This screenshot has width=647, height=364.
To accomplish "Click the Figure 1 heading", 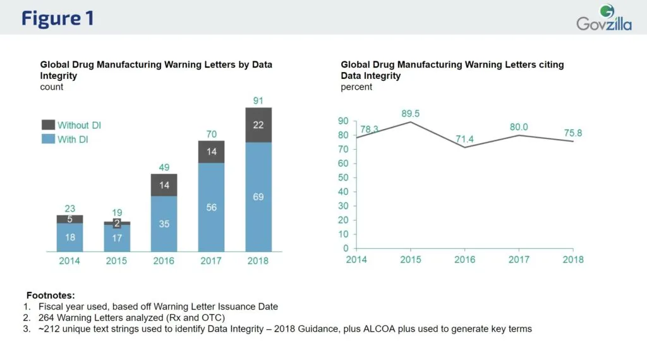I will pyautogui.click(x=57, y=18).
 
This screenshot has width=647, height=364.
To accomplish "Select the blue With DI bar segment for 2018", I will pyautogui.click(x=258, y=196).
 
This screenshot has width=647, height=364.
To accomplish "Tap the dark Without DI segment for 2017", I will pyautogui.click(x=212, y=152).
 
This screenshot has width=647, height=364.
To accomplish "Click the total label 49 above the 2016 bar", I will pyautogui.click(x=164, y=167).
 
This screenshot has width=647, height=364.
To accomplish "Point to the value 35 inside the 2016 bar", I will pyautogui.click(x=164, y=223).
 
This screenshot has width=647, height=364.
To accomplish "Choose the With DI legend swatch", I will pyautogui.click(x=48, y=140).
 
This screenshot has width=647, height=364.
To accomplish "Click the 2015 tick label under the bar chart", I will pyautogui.click(x=117, y=260).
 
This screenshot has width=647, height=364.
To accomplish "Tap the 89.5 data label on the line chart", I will pyautogui.click(x=411, y=114).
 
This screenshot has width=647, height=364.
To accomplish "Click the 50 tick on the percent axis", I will pyautogui.click(x=343, y=178).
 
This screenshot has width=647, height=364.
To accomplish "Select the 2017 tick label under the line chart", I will pyautogui.click(x=519, y=260).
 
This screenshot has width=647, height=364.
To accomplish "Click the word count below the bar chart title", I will pyautogui.click(x=52, y=87).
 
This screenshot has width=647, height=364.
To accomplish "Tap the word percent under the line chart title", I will pyautogui.click(x=356, y=87).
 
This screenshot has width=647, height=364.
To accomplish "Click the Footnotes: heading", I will pyautogui.click(x=51, y=295).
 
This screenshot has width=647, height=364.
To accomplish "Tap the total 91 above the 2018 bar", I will pyautogui.click(x=258, y=100).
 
